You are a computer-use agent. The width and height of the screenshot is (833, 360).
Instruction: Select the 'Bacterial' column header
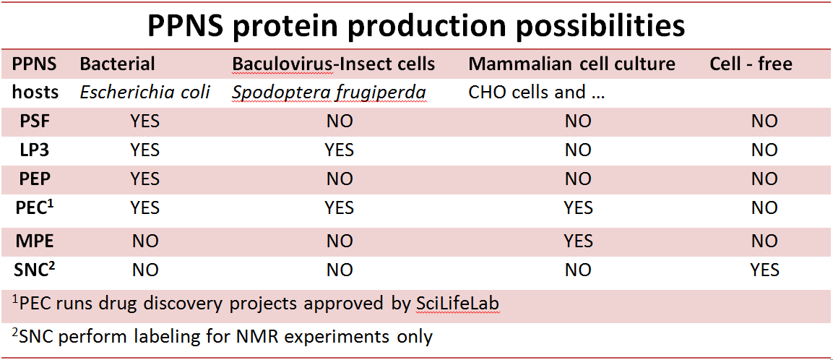point(118,64)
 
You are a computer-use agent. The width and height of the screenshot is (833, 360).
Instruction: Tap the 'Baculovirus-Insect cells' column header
point(334,64)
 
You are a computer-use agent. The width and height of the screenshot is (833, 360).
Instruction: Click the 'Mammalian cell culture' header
point(571,64)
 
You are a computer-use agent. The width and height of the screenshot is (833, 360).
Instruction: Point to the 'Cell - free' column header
point(751,64)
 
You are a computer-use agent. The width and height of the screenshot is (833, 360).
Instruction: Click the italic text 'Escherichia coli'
point(145,93)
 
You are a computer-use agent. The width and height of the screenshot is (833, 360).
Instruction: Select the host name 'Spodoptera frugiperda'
point(329,93)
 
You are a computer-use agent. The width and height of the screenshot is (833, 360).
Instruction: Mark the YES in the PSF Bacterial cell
point(144,121)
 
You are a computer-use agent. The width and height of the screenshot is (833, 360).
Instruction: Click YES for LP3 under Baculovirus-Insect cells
point(339,150)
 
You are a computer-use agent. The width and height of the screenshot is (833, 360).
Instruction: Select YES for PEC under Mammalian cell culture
point(578,207)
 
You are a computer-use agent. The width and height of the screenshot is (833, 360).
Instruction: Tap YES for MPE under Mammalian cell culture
point(578,241)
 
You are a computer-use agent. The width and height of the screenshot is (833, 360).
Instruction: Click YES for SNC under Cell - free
point(764,270)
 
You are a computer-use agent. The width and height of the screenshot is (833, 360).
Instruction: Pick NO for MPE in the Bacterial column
point(144,241)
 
